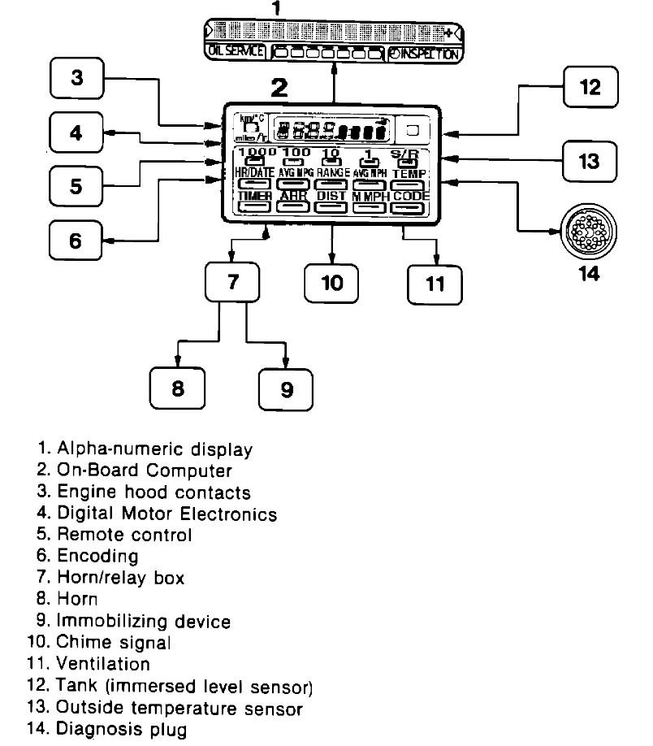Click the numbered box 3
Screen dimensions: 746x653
pyautogui.click(x=76, y=79)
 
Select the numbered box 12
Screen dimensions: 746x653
pyautogui.click(x=590, y=87)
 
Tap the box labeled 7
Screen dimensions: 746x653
pyautogui.click(x=232, y=282)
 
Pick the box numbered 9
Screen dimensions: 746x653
pyautogui.click(x=286, y=389)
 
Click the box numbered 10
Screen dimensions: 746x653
pyautogui.click(x=332, y=283)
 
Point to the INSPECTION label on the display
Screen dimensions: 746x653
pyautogui.click(x=424, y=54)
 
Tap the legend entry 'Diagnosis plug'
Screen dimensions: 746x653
pyautogui.click(x=121, y=729)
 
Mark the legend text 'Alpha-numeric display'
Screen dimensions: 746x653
pyautogui.click(x=154, y=449)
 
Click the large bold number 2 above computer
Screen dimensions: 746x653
pyautogui.click(x=279, y=88)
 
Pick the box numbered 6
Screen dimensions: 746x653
pyautogui.click(x=76, y=241)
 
